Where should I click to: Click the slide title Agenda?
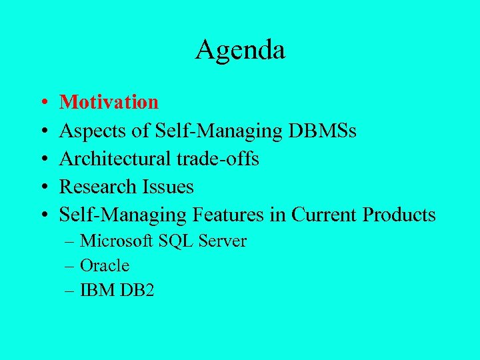(x=240, y=50)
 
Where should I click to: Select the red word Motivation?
(x=109, y=102)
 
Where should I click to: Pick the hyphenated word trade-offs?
(x=222, y=159)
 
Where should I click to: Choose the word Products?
(x=399, y=215)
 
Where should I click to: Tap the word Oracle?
(x=105, y=265)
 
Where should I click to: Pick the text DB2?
(x=137, y=290)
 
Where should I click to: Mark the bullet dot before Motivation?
(x=42, y=103)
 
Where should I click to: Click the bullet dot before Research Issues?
(x=42, y=187)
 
